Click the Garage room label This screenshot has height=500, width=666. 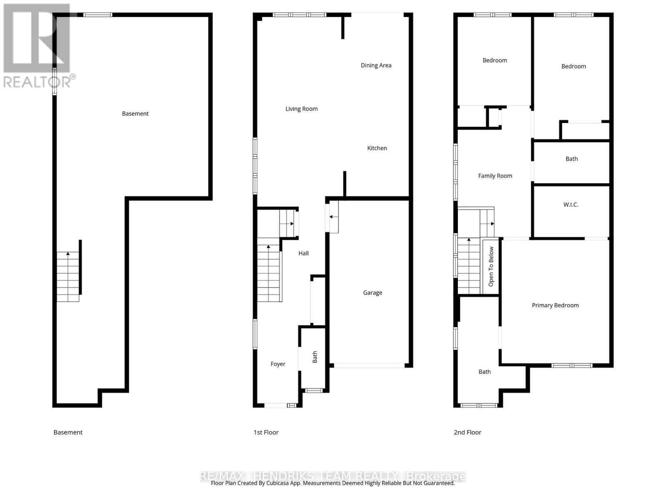[373, 293]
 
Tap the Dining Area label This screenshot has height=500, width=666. [376, 65]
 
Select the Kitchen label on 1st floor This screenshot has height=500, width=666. [377, 148]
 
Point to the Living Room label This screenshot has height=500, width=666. [301, 109]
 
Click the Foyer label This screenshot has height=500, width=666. [278, 364]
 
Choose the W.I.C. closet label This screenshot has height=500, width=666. [571, 205]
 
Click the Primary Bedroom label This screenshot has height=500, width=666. [555, 305]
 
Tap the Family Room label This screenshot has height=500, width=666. [495, 176]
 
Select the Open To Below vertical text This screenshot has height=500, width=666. [491, 267]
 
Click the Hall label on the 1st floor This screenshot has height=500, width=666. [303, 253]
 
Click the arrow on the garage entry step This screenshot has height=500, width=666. [333, 217]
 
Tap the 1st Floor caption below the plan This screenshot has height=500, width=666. [266, 432]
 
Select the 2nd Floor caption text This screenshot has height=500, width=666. [467, 432]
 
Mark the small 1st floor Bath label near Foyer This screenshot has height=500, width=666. [315, 357]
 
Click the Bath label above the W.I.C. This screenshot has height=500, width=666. [572, 159]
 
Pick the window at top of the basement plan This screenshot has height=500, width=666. [97, 15]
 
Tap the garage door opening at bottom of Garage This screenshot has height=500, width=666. [369, 365]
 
